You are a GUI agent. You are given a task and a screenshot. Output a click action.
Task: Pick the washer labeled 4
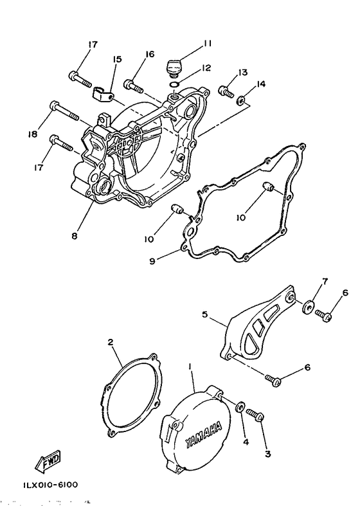point(239,408)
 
